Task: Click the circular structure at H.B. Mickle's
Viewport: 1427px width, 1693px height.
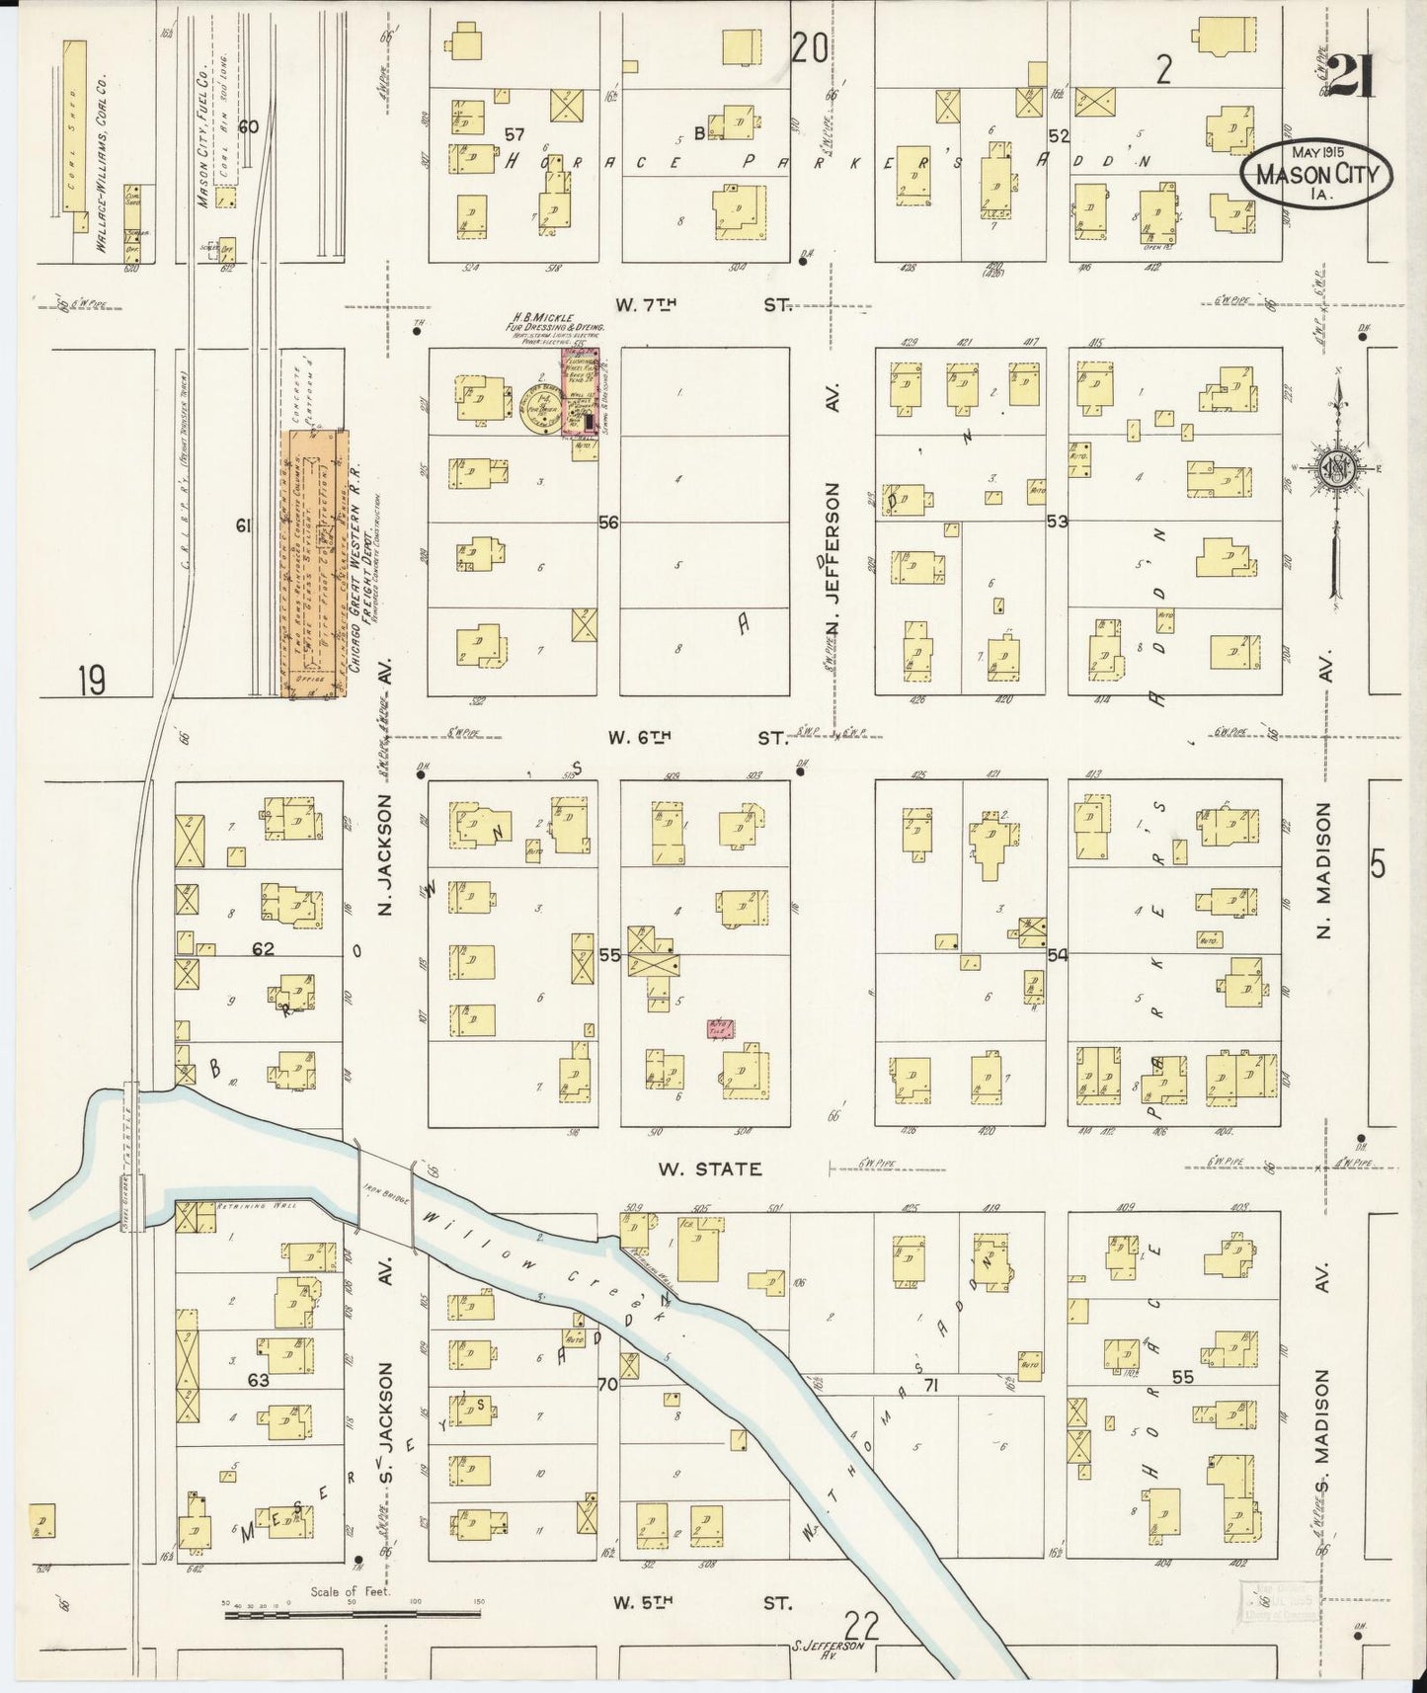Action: [x=539, y=407]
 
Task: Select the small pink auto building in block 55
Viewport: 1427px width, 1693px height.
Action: [x=720, y=1029]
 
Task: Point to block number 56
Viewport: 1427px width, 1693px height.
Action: [x=608, y=523]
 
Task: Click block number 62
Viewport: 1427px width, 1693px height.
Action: [x=262, y=949]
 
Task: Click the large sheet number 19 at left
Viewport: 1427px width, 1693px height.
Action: [x=92, y=681]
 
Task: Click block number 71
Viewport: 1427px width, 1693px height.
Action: [x=929, y=1386]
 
